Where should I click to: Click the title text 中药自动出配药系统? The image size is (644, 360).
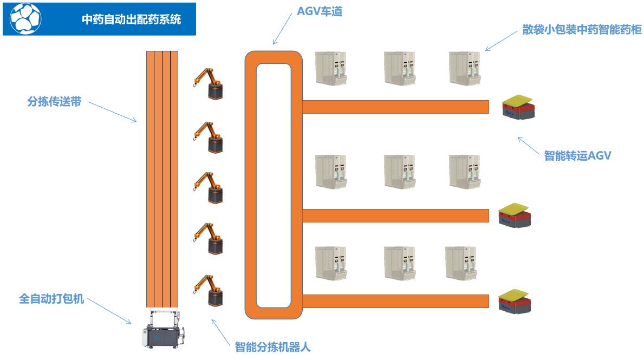[x=131, y=19]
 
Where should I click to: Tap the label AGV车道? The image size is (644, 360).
[x=320, y=11]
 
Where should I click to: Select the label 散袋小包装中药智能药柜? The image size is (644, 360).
[x=582, y=30]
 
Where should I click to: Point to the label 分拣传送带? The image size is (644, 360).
[x=54, y=101]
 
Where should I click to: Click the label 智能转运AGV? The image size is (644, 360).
[x=577, y=156]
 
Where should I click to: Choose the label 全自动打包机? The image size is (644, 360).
[x=51, y=298]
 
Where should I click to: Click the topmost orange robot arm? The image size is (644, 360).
[x=208, y=83]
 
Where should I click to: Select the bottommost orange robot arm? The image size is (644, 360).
[x=208, y=291]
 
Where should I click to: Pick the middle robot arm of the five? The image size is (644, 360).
[x=208, y=187]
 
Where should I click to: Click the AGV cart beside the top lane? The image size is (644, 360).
[x=517, y=107]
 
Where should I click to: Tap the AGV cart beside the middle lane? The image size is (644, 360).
[x=514, y=215]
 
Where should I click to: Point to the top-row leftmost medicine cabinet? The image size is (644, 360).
[x=330, y=68]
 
